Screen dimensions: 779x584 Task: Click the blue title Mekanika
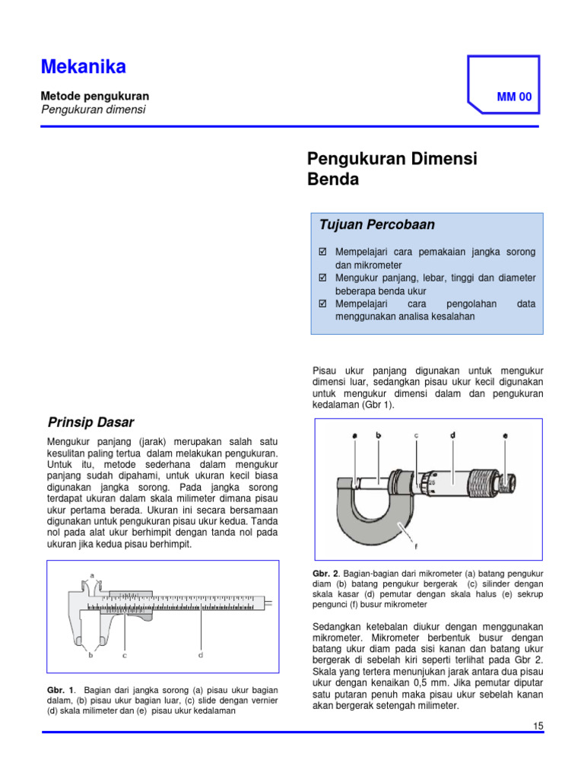click(83, 68)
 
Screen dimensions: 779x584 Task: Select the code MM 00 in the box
click(514, 97)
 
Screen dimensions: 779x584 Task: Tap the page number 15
click(538, 726)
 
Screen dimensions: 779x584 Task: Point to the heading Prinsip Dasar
click(90, 422)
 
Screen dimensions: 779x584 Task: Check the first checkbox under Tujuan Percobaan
click(322, 251)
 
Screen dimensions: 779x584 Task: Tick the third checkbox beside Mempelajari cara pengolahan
click(322, 304)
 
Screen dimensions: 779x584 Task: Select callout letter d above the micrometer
click(452, 435)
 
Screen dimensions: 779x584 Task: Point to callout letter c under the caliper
click(124, 654)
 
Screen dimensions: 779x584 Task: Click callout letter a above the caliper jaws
click(93, 576)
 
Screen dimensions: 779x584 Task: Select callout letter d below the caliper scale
click(201, 654)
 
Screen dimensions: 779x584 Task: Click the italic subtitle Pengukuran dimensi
click(92, 110)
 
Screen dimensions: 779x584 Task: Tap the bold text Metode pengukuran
click(94, 96)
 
